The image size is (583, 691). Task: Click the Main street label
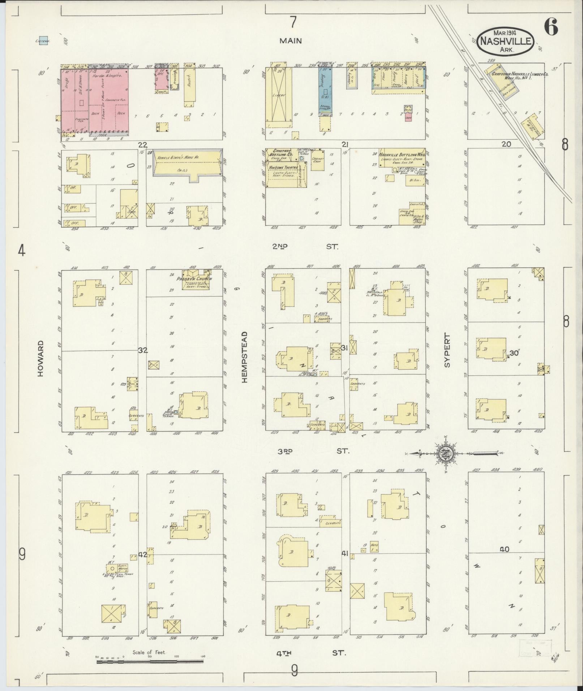tap(290, 41)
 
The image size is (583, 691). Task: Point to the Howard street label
tap(40, 358)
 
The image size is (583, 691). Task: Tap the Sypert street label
tap(447, 351)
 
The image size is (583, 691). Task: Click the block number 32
tap(143, 350)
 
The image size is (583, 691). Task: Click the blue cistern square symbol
tap(44, 40)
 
